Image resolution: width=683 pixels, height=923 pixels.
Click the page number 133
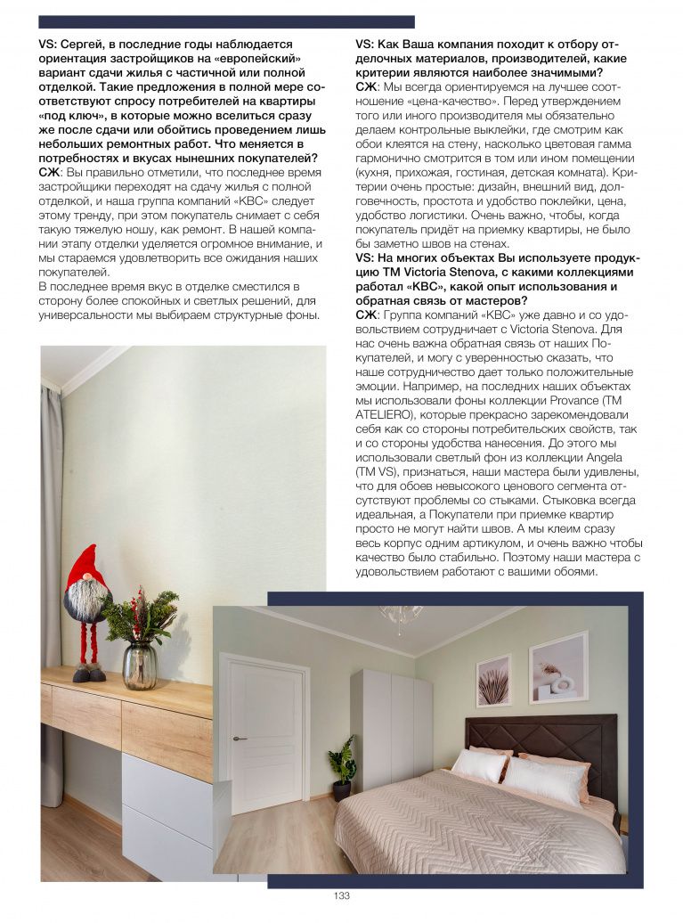click(341, 895)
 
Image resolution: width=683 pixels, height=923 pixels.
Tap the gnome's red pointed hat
click(85, 568)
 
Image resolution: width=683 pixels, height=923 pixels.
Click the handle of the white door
click(236, 739)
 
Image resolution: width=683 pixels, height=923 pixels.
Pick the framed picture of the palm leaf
click(493, 681)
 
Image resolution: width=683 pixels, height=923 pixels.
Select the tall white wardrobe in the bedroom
click(391, 730)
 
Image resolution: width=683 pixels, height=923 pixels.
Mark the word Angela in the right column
click(605, 457)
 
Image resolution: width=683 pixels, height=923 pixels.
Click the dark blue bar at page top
click(226, 21)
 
